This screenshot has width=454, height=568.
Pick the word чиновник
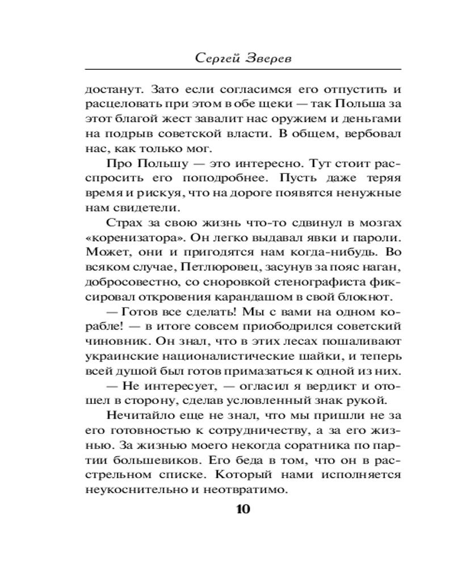click(x=108, y=341)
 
